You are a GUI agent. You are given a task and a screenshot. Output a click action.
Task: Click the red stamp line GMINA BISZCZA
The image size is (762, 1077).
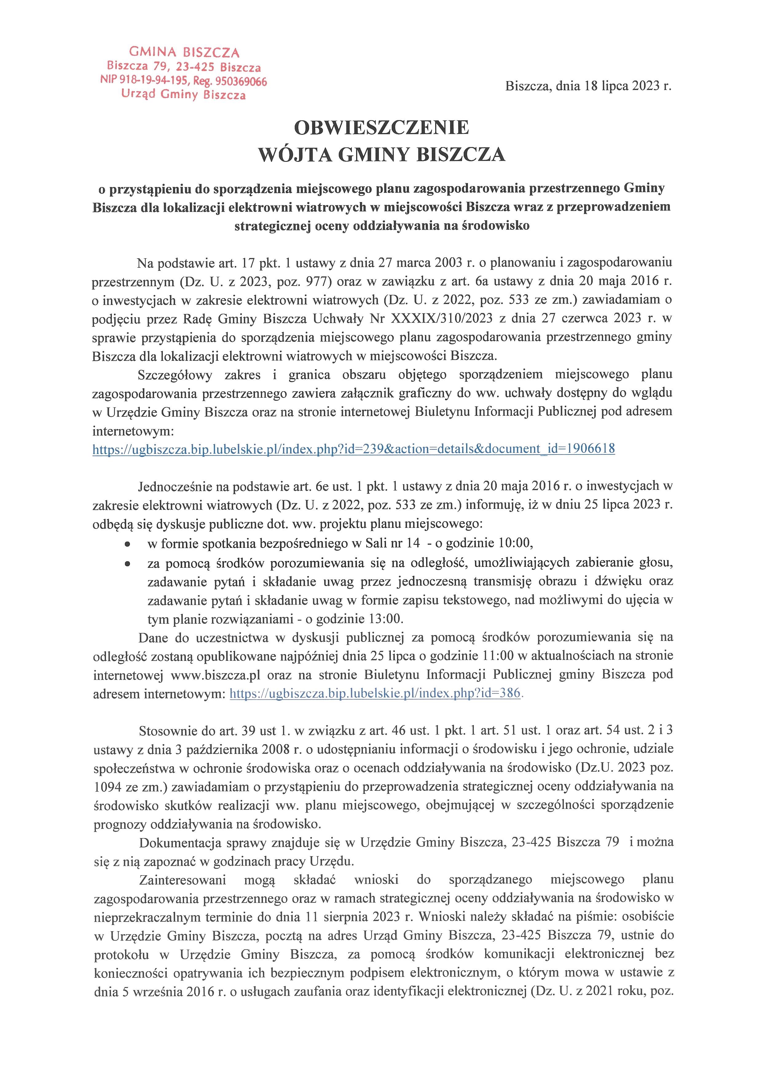tap(184, 52)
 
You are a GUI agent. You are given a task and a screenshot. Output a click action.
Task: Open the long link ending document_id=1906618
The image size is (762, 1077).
tap(353, 449)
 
